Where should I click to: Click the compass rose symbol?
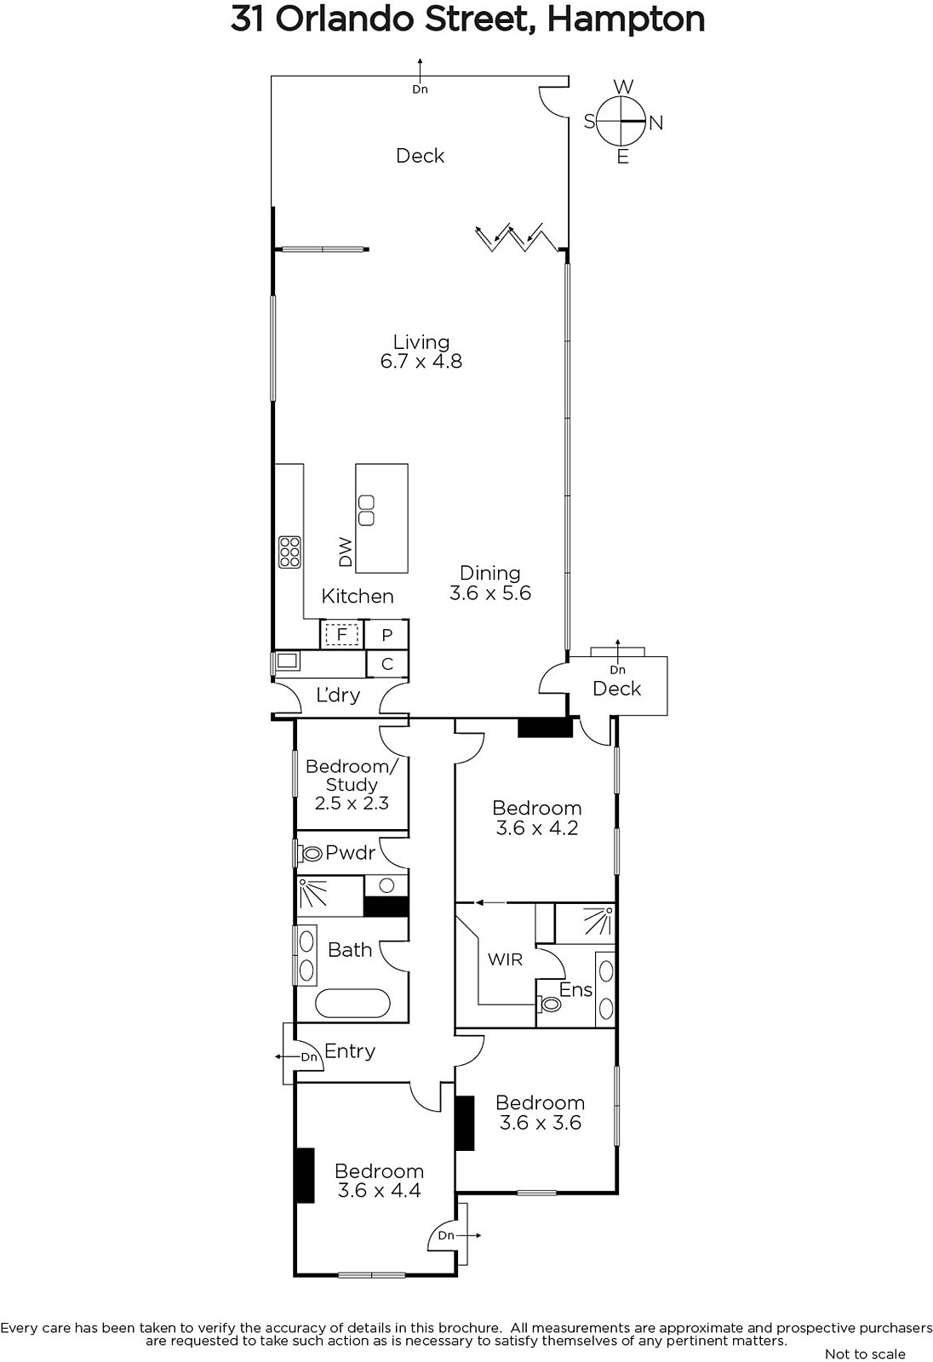[x=621, y=122]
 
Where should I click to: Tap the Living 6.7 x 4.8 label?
[x=421, y=352]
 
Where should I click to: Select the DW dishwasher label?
[x=346, y=552]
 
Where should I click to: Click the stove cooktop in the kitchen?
[x=289, y=552]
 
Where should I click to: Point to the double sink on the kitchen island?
[x=366, y=510]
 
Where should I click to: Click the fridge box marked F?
[x=342, y=635]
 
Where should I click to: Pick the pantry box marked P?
[x=386, y=635]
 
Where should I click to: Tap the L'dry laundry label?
[x=338, y=695]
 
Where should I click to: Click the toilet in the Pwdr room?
[x=310, y=855]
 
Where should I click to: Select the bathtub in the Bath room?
[x=352, y=1004]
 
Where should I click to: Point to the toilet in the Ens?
[x=549, y=1004]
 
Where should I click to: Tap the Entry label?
[x=350, y=1051]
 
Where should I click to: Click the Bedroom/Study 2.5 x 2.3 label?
[x=352, y=784]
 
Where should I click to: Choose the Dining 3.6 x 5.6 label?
[x=490, y=582]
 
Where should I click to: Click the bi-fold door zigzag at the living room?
[x=516, y=237]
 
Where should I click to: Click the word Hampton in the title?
[x=626, y=20]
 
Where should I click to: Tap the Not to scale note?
[x=865, y=1353]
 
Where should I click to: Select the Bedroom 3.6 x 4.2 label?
[x=537, y=818]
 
